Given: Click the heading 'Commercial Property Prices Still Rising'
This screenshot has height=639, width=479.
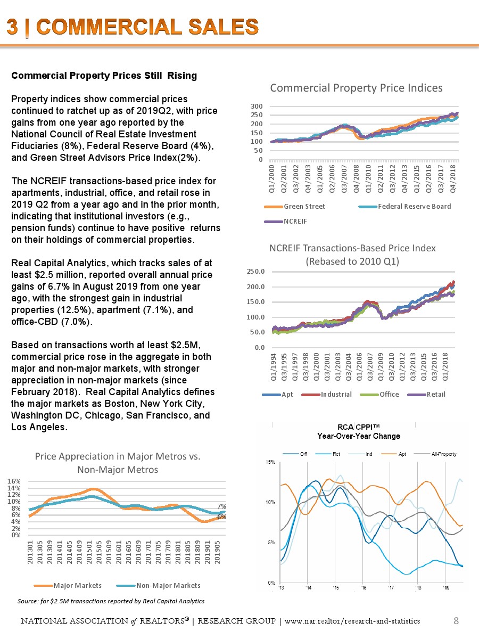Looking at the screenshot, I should [x=104, y=76].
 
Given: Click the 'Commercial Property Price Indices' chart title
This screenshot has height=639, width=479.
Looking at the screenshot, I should [x=356, y=88].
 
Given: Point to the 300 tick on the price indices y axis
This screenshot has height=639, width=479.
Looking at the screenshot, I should [x=258, y=106].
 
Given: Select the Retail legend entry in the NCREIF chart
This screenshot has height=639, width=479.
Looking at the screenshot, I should [x=434, y=395].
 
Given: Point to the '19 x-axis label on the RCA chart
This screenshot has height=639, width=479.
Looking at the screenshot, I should [x=446, y=588].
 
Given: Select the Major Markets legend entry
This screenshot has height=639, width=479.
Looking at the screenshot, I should [x=77, y=585].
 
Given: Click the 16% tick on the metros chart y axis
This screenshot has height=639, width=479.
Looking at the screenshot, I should [x=14, y=481].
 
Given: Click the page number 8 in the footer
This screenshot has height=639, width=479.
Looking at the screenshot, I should [x=456, y=620].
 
